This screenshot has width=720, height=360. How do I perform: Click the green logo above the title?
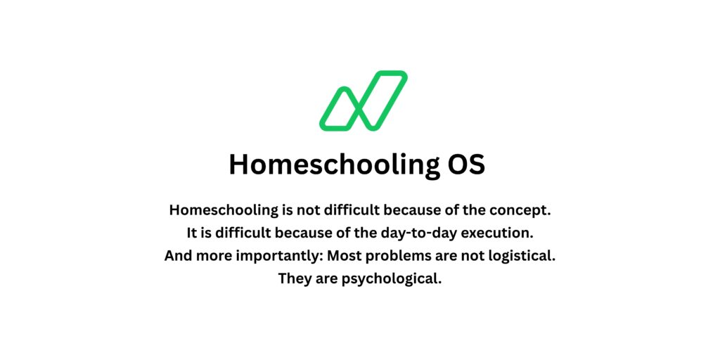(363, 101)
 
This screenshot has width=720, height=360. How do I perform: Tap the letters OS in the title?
(465, 165)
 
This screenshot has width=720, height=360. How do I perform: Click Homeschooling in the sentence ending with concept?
(217, 210)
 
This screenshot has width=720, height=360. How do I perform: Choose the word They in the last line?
(295, 278)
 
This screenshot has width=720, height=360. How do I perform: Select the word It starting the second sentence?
(194, 232)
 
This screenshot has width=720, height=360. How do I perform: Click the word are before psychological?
(326, 278)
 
